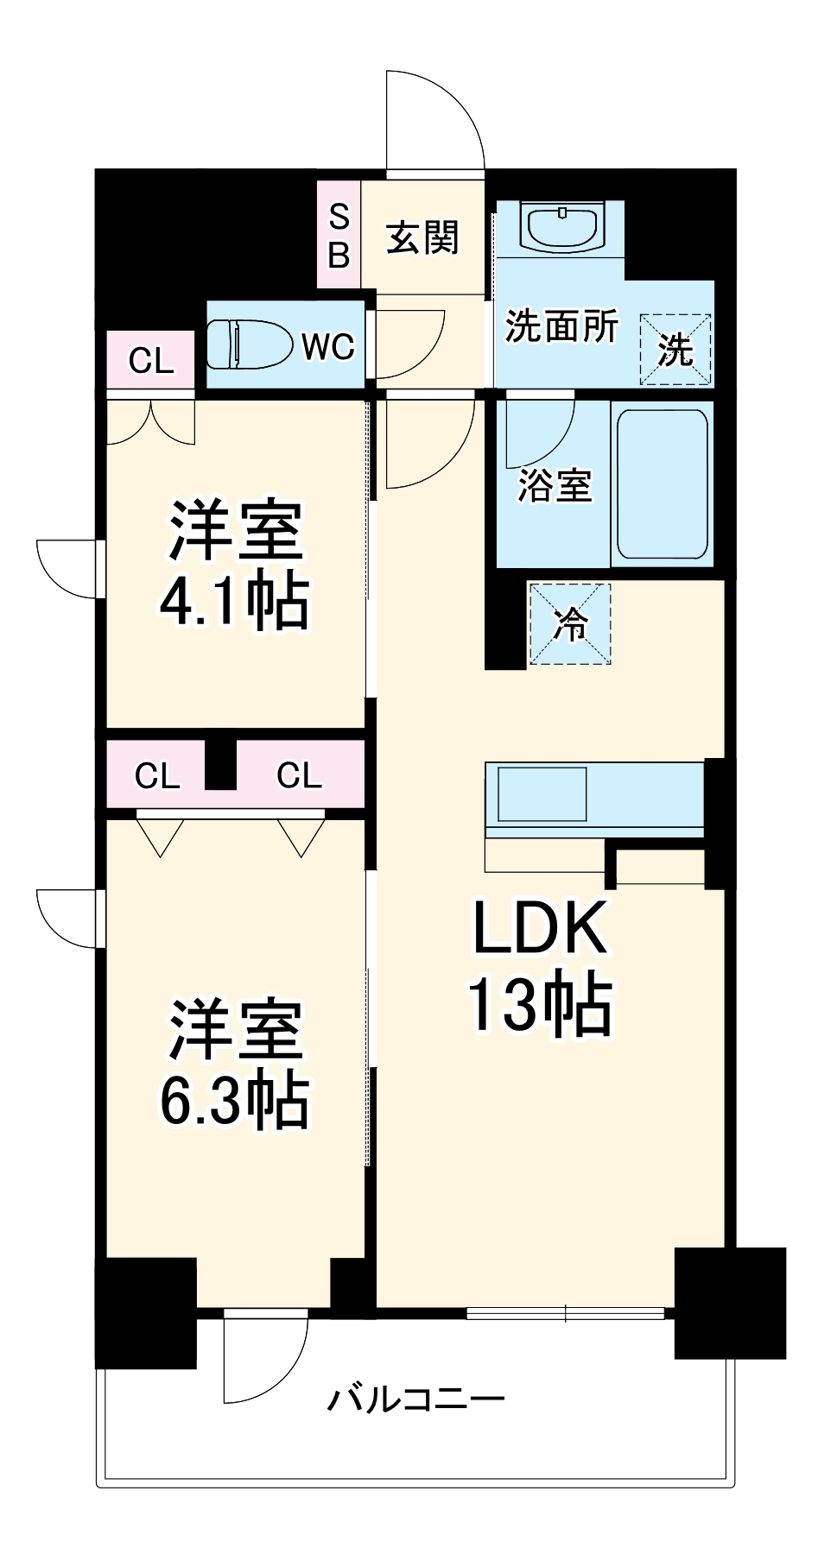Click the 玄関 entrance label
point(422,237)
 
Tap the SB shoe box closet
point(339,235)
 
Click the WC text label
point(327,347)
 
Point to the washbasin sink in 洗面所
point(561,226)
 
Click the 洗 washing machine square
point(675,350)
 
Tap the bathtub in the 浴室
point(663,483)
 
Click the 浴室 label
point(554,485)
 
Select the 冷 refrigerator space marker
point(570,623)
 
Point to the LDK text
point(539,928)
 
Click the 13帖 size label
point(539,1003)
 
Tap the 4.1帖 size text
point(234,601)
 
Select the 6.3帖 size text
point(234,1100)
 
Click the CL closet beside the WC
point(151,360)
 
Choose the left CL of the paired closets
point(157,775)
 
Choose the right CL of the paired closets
point(299,775)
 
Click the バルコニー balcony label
point(415,1398)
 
